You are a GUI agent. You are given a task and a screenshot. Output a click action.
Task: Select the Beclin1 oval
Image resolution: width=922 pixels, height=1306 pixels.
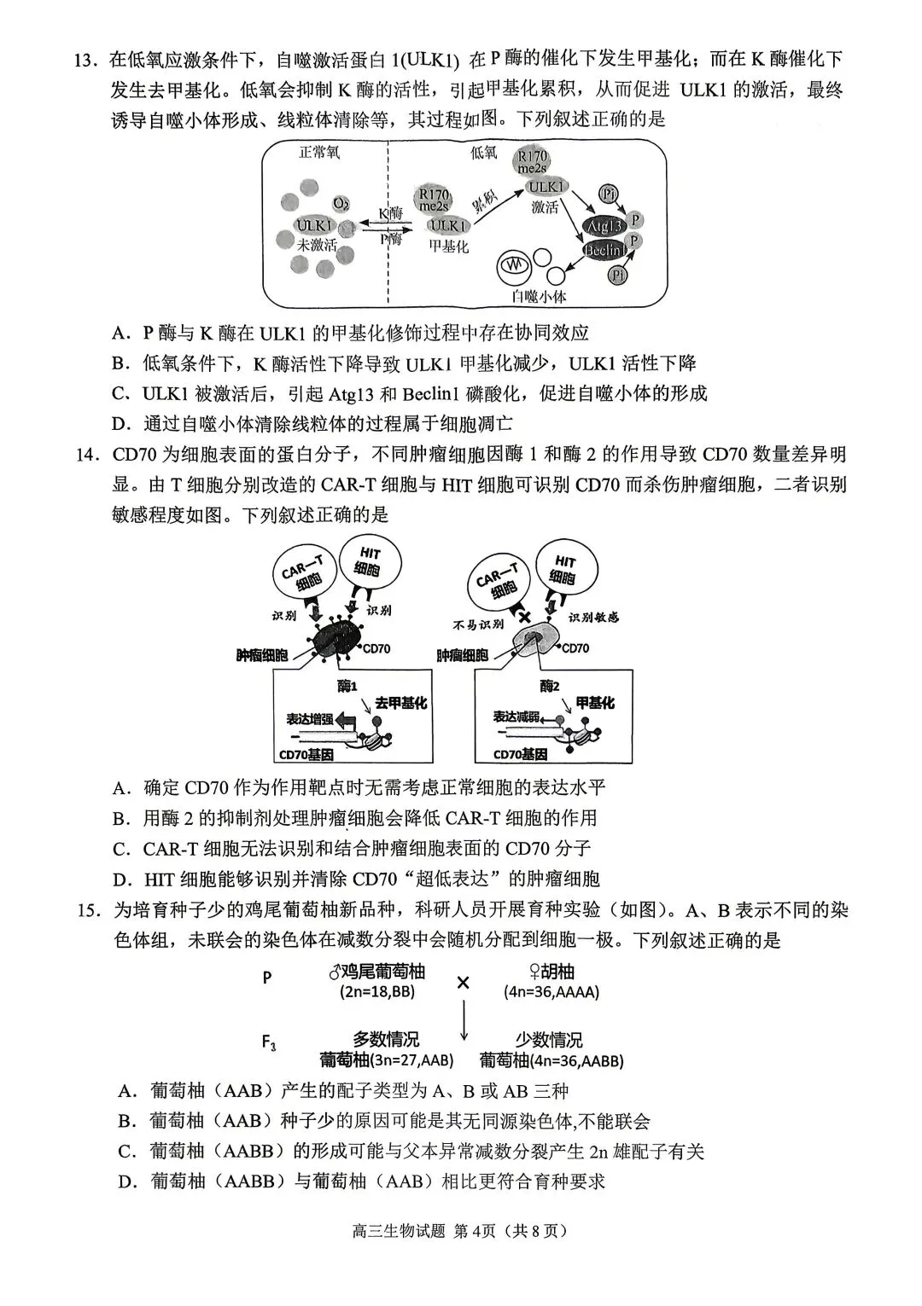pyautogui.click(x=604, y=251)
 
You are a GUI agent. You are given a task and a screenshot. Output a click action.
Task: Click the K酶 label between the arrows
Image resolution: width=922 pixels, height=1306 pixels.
pyautogui.click(x=391, y=212)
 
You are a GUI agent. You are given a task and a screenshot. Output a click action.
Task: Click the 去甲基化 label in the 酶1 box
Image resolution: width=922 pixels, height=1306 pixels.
pyautogui.click(x=400, y=703)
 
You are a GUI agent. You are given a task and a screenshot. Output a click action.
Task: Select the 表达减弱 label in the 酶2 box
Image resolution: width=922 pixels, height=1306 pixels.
pyautogui.click(x=518, y=717)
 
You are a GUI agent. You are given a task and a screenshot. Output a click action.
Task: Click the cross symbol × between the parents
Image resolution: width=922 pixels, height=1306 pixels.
pyautogui.click(x=463, y=983)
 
